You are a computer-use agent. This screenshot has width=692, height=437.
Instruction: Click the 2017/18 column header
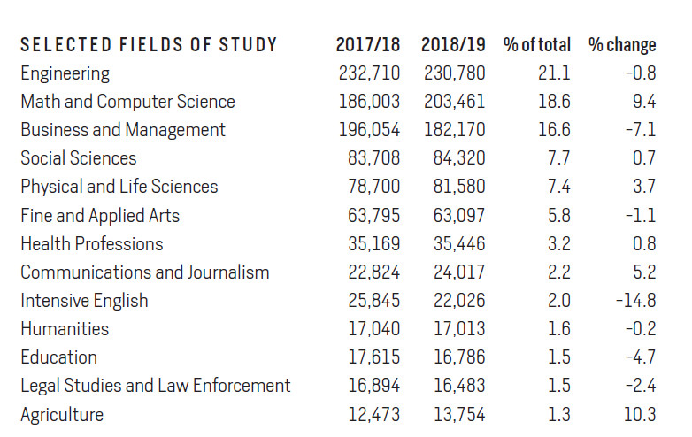tap(368, 44)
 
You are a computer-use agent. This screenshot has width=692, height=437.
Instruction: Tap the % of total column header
tap(537, 44)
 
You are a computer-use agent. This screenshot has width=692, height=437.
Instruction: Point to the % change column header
tap(622, 44)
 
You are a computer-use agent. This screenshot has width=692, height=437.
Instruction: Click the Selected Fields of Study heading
tap(149, 45)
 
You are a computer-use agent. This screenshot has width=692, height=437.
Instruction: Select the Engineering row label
tap(65, 73)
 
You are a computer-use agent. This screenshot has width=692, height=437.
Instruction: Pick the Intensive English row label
tap(84, 301)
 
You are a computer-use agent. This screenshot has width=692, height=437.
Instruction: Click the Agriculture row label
tap(62, 415)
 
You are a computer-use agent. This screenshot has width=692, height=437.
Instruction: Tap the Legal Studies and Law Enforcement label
tap(156, 386)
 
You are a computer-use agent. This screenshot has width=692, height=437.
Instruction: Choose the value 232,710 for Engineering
tap(369, 73)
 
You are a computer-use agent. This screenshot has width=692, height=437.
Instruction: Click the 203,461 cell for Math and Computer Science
tap(455, 102)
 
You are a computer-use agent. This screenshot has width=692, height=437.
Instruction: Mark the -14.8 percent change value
tap(635, 301)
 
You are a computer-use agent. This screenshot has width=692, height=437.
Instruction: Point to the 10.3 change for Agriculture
tap(639, 415)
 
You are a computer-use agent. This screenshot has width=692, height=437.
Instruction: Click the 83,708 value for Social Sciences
tap(374, 158)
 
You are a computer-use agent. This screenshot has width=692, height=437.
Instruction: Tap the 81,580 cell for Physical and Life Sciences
tap(459, 187)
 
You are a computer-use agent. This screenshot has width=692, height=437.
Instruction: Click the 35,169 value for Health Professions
tap(374, 243)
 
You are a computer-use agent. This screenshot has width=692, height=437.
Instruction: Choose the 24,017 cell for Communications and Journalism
tap(459, 272)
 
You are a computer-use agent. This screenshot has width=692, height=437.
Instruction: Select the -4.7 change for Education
tap(639, 357)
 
